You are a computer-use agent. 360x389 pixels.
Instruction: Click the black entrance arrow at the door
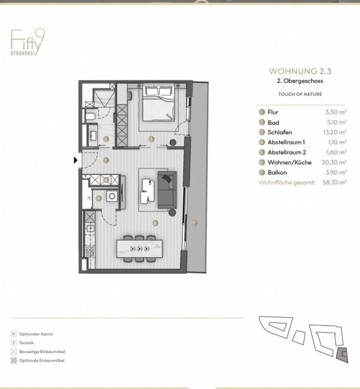tap(76, 160)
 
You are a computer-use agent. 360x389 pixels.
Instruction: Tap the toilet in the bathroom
tap(91, 116)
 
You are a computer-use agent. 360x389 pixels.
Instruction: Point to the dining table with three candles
tap(139, 249)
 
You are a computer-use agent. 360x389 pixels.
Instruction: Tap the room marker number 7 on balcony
tap(194, 223)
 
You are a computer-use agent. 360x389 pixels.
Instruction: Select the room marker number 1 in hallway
tap(106, 160)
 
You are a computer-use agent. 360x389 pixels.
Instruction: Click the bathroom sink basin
tap(93, 136)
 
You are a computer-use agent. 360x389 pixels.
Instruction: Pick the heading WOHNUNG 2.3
tap(300, 72)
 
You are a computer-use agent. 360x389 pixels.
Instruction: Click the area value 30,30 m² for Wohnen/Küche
tap(334, 162)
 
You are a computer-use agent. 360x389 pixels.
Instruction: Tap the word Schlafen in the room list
tap(280, 132)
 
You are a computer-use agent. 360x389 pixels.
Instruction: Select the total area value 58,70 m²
tap(334, 183)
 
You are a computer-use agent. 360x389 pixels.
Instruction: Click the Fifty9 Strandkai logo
tap(28, 42)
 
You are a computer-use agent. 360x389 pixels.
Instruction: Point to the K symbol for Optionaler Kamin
tap(14, 334)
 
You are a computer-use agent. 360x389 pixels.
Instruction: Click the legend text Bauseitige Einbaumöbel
tap(42, 352)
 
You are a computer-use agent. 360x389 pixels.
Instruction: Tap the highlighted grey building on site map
tap(342, 355)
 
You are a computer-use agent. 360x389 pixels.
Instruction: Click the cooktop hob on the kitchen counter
tap(90, 252)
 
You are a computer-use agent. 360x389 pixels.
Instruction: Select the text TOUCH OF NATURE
tap(300, 94)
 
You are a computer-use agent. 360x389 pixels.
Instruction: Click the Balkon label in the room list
tap(277, 172)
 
